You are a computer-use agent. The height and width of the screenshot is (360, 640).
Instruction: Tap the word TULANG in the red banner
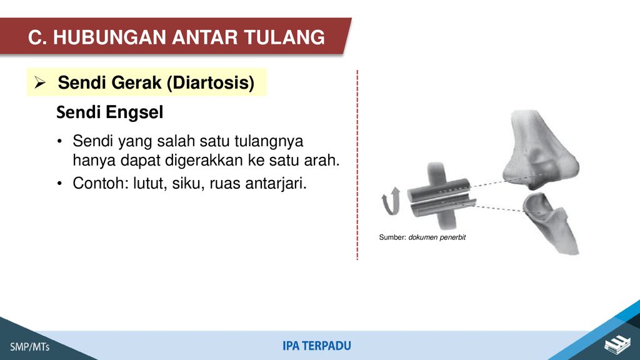pyautogui.click(x=285, y=37)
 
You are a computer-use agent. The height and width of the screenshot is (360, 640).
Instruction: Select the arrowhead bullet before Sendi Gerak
pyautogui.click(x=40, y=82)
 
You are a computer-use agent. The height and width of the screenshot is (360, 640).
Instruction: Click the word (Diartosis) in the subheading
pyautogui.click(x=211, y=83)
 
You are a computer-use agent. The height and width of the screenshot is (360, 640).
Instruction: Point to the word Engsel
pyautogui.click(x=135, y=112)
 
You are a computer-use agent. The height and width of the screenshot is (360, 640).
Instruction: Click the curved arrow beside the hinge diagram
pyautogui.click(x=391, y=202)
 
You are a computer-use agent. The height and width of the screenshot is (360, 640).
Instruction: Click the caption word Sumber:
pyautogui.click(x=392, y=237)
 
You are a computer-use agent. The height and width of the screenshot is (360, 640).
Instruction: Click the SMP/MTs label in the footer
pyautogui.click(x=30, y=347)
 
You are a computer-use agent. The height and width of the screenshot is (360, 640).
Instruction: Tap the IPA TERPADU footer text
pyautogui.click(x=317, y=346)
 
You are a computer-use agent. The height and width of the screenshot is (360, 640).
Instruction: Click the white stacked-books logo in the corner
pyautogui.click(x=617, y=344)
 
